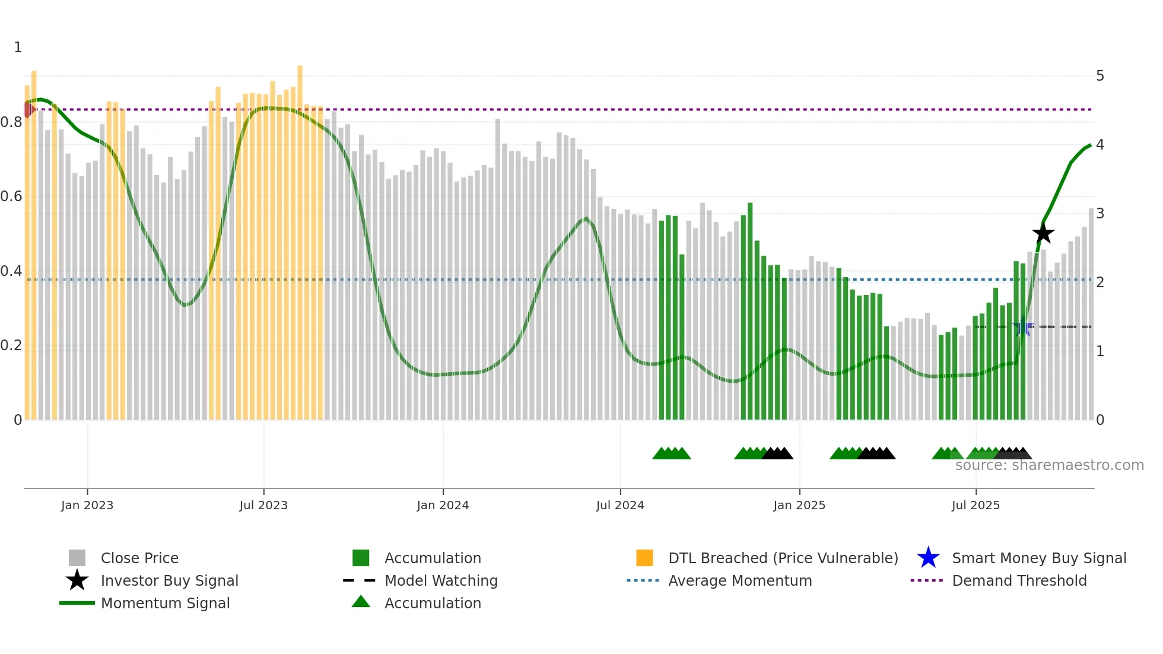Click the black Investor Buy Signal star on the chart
tap(1043, 233)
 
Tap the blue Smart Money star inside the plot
tap(1022, 327)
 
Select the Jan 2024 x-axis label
tap(443, 505)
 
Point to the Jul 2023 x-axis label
tap(263, 505)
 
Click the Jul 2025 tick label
tap(975, 505)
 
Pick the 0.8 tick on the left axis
tap(11, 122)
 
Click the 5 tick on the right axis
tap(1100, 76)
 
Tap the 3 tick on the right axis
tap(1100, 214)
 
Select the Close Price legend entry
tap(139, 558)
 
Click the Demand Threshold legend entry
tap(1019, 580)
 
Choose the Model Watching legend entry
tap(441, 580)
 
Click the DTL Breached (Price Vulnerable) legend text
tap(783, 558)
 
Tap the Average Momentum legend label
tap(739, 580)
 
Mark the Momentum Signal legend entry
tap(165, 603)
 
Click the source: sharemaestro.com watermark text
tap(1049, 465)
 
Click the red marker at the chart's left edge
tap(28, 109)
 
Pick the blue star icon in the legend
tap(928, 558)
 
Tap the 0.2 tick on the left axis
tap(11, 345)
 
